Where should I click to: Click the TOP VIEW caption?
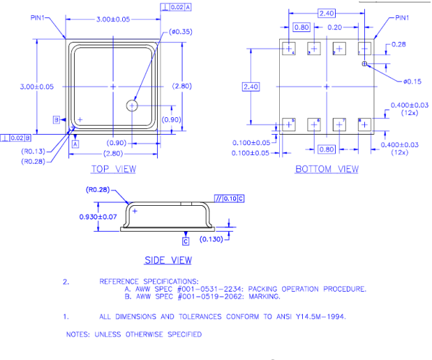point(114,169)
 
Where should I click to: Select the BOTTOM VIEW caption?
point(327,169)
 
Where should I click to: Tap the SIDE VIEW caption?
point(167,260)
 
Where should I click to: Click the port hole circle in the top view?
point(133,105)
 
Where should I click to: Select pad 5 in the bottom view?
point(288,124)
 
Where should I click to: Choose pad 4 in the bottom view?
point(288,48)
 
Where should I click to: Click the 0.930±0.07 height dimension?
point(98,216)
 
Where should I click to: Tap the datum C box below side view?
point(186,241)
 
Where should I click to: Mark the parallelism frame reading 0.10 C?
point(229,199)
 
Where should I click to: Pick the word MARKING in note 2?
point(262,297)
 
